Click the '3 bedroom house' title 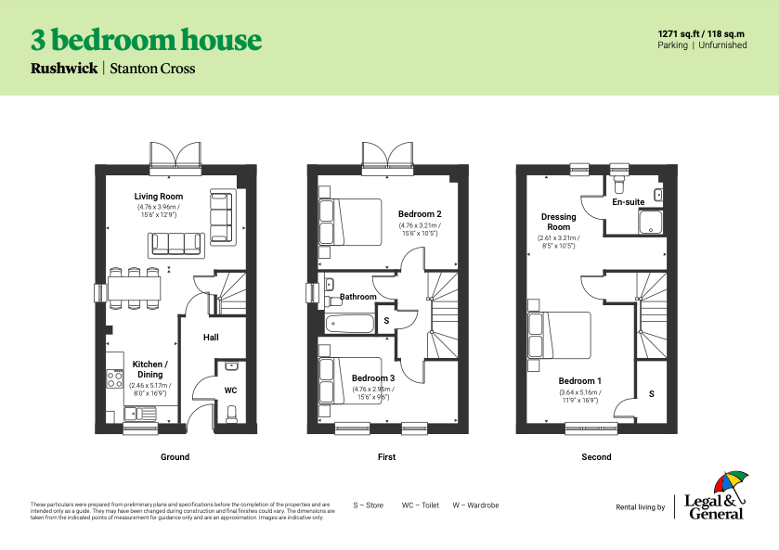point(146,40)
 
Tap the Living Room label point(158,197)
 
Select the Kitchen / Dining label point(149,369)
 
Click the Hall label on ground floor point(211,338)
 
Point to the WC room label point(230,390)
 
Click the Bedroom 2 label point(420,214)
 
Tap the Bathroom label point(357,298)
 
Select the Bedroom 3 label point(372,378)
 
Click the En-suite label point(628,202)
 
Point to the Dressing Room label point(558,222)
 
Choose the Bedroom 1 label point(579,381)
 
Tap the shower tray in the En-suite point(652,221)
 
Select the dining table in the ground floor point(135,288)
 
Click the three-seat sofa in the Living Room point(176,245)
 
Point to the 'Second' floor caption point(596,456)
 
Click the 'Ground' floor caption point(175,456)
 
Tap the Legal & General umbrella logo point(730,485)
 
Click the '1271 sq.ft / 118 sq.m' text point(701,32)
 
